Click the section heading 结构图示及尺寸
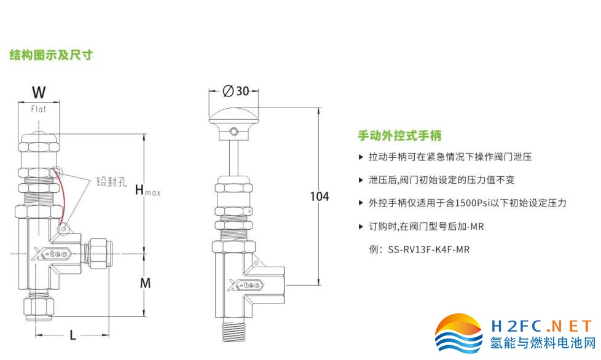point(51,55)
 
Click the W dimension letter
point(39,93)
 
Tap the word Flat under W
point(39,109)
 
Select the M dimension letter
point(145,283)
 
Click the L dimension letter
point(73,335)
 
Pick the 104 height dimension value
point(319,197)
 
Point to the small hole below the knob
point(234,131)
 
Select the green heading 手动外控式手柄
point(399,136)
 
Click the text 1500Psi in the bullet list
point(474,203)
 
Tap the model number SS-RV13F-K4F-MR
point(428,250)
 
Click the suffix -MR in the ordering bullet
point(476,227)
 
